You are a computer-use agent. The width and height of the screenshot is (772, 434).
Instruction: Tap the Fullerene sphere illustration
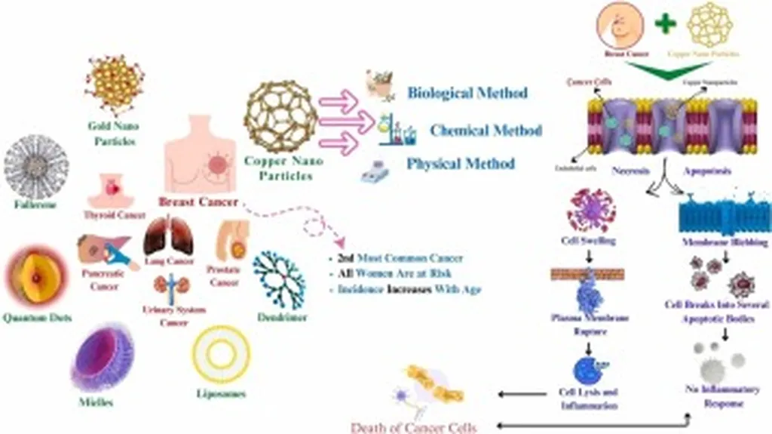tap(35, 167)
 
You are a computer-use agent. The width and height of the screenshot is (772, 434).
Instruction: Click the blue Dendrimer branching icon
tap(280, 279)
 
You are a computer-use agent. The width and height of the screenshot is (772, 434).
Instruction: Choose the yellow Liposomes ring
tap(220, 354)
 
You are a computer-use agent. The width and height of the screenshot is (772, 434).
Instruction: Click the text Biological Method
tap(467, 94)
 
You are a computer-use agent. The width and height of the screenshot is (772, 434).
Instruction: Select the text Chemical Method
tap(486, 130)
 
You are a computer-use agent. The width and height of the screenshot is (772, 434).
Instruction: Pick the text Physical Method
tap(461, 164)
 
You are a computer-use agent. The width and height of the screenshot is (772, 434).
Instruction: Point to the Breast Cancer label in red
tap(198, 202)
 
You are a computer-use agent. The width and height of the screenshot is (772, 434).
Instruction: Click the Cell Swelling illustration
tap(590, 211)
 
